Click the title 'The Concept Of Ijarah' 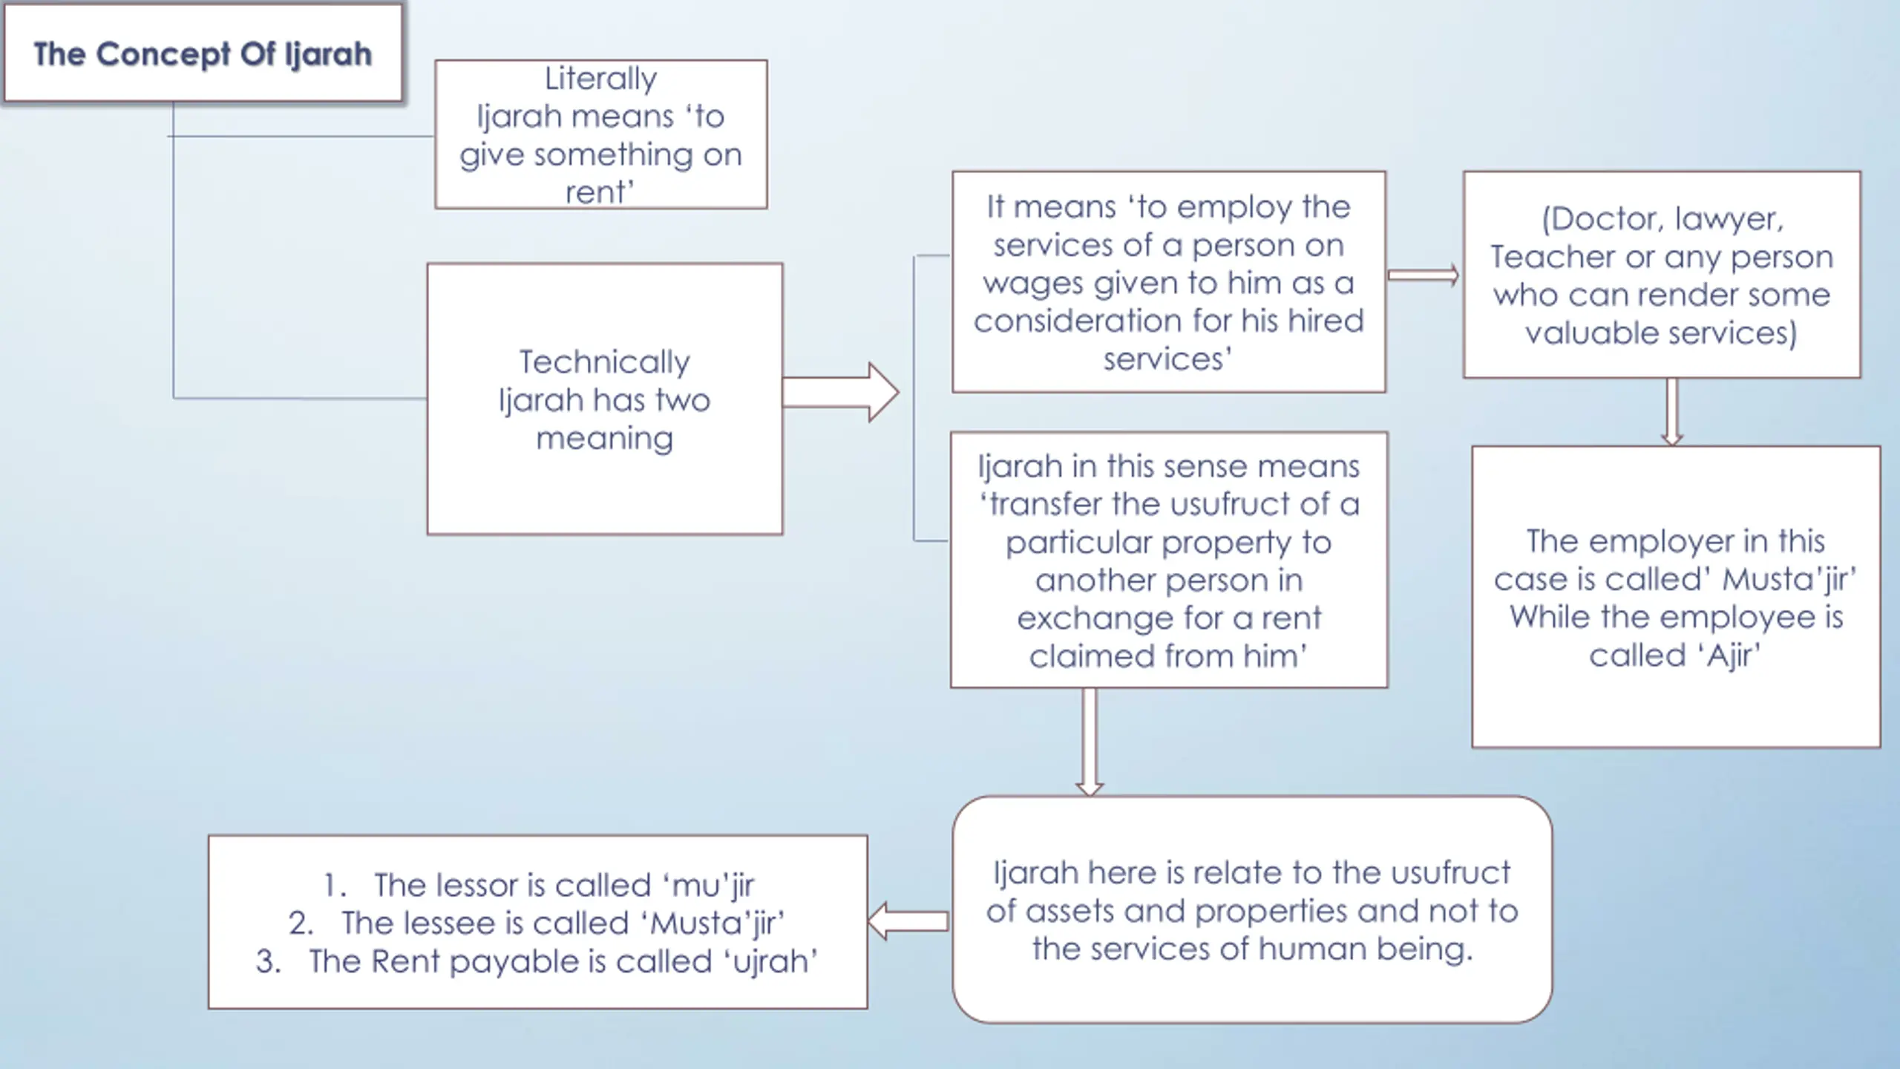[203, 54]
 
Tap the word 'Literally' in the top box [600, 79]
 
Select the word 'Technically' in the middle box [604, 362]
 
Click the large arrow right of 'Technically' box [841, 392]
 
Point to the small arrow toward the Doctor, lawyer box [1423, 275]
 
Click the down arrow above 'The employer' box [1671, 412]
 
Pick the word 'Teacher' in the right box [1552, 257]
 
